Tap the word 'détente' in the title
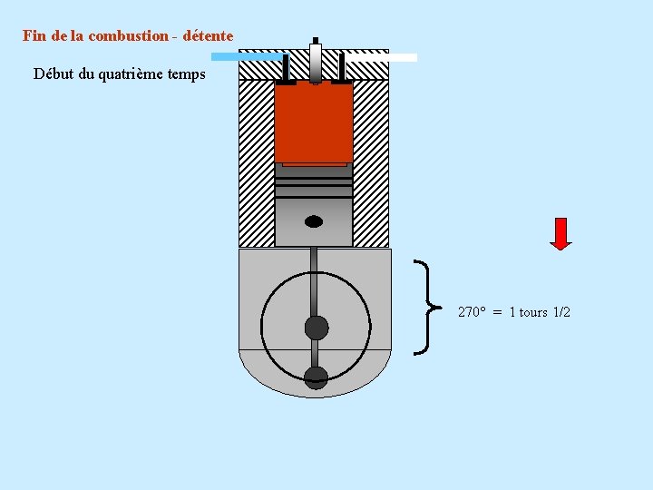point(208,36)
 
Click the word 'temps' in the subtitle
point(187,73)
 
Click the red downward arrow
point(561,233)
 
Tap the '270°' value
point(472,312)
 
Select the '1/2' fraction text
point(561,312)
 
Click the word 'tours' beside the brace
point(533,312)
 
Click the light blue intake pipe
point(246,56)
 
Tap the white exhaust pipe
point(382,57)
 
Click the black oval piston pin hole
point(314,221)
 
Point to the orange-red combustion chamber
point(314,123)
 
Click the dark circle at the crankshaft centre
point(316,328)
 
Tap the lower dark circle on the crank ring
point(316,377)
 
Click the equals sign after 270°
point(498,312)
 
